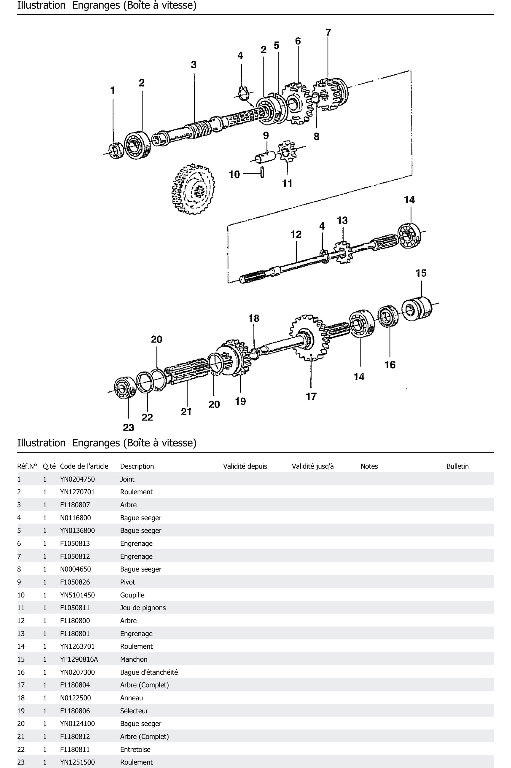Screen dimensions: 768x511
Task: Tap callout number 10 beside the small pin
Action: pyautogui.click(x=234, y=174)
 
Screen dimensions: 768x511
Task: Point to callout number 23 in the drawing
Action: pyautogui.click(x=128, y=427)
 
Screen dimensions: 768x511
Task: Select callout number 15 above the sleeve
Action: pyautogui.click(x=421, y=273)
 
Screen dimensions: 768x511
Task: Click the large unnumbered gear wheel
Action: pyautogui.click(x=193, y=189)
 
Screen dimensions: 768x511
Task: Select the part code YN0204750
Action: pyautogui.click(x=77, y=479)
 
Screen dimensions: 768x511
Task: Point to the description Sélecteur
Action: pyautogui.click(x=134, y=711)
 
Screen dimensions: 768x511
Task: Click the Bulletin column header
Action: pyautogui.click(x=457, y=466)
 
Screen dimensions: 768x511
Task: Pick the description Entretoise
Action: pyautogui.click(x=135, y=749)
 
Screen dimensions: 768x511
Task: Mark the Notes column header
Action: pyautogui.click(x=369, y=466)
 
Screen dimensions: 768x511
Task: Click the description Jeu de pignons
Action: pyautogui.click(x=143, y=607)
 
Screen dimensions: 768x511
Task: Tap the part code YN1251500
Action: pyautogui.click(x=77, y=762)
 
